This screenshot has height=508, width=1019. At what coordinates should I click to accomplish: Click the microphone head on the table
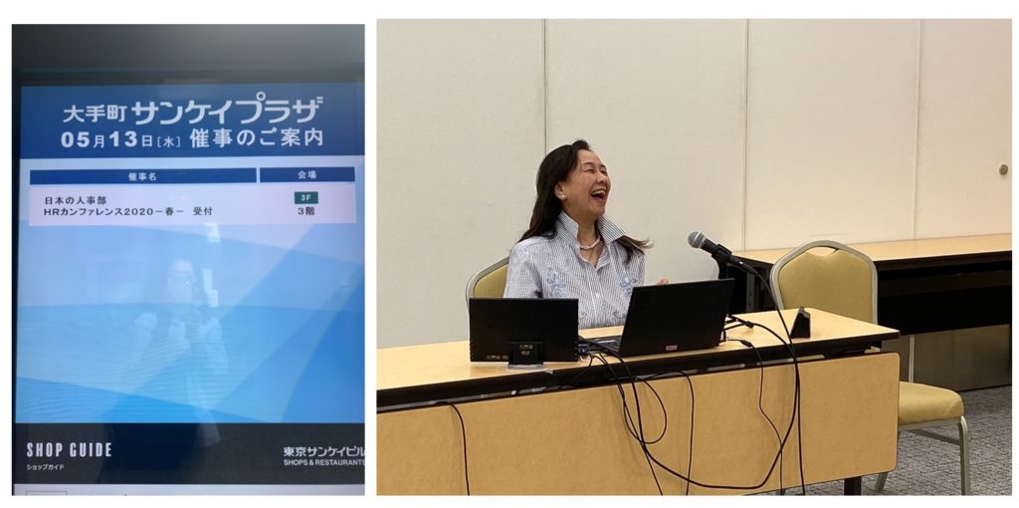pyautogui.click(x=701, y=241)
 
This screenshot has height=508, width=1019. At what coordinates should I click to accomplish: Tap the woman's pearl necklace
pyautogui.click(x=589, y=245)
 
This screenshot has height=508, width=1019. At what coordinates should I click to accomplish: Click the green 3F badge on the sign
pyautogui.click(x=306, y=198)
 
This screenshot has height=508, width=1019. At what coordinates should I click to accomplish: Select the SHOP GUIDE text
pyautogui.click(x=69, y=450)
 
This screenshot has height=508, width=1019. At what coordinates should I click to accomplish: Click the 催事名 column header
pyautogui.click(x=142, y=176)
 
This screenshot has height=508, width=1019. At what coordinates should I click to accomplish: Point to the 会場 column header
pyautogui.click(x=306, y=175)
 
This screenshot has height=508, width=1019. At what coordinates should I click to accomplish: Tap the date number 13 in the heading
pyautogui.click(x=122, y=139)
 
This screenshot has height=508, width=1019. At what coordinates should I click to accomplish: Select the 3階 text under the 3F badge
pyautogui.click(x=306, y=211)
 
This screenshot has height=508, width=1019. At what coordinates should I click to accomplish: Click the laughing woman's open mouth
pyautogui.click(x=598, y=194)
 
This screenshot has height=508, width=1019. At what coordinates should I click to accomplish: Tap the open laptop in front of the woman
pyautogui.click(x=669, y=318)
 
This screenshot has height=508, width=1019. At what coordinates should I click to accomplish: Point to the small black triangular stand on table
pyautogui.click(x=800, y=324)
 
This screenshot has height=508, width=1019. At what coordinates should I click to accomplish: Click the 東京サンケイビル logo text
pyautogui.click(x=323, y=451)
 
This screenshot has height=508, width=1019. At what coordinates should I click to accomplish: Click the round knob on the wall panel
pyautogui.click(x=1003, y=169)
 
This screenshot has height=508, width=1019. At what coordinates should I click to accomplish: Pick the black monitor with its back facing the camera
pyautogui.click(x=523, y=330)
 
